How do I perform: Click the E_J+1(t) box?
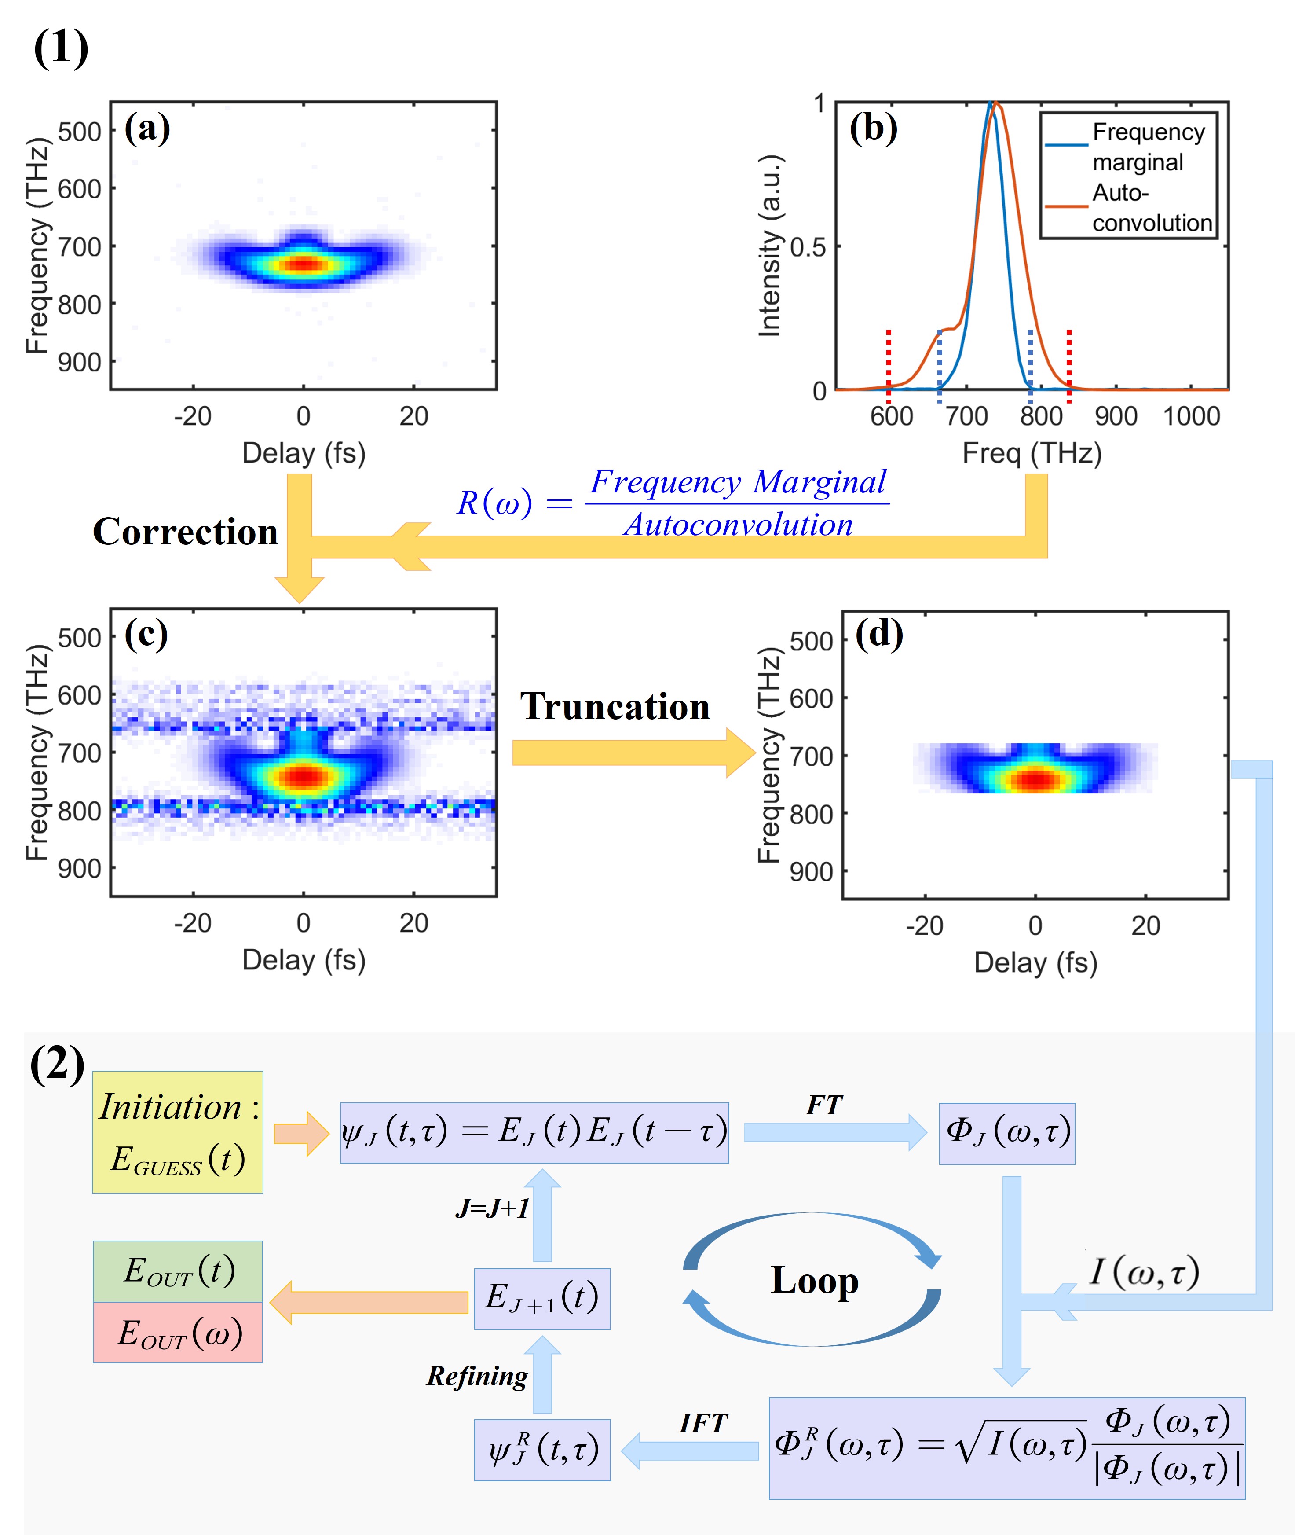(542, 1299)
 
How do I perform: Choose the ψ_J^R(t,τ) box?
(542, 1450)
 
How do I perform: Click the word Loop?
(814, 1281)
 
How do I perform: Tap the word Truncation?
(615, 706)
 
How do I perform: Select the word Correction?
(185, 531)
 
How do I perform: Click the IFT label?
(702, 1423)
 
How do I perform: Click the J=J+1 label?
(492, 1208)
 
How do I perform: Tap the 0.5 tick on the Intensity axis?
(808, 247)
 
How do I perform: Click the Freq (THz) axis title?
(1032, 453)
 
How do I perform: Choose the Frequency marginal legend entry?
(1148, 147)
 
